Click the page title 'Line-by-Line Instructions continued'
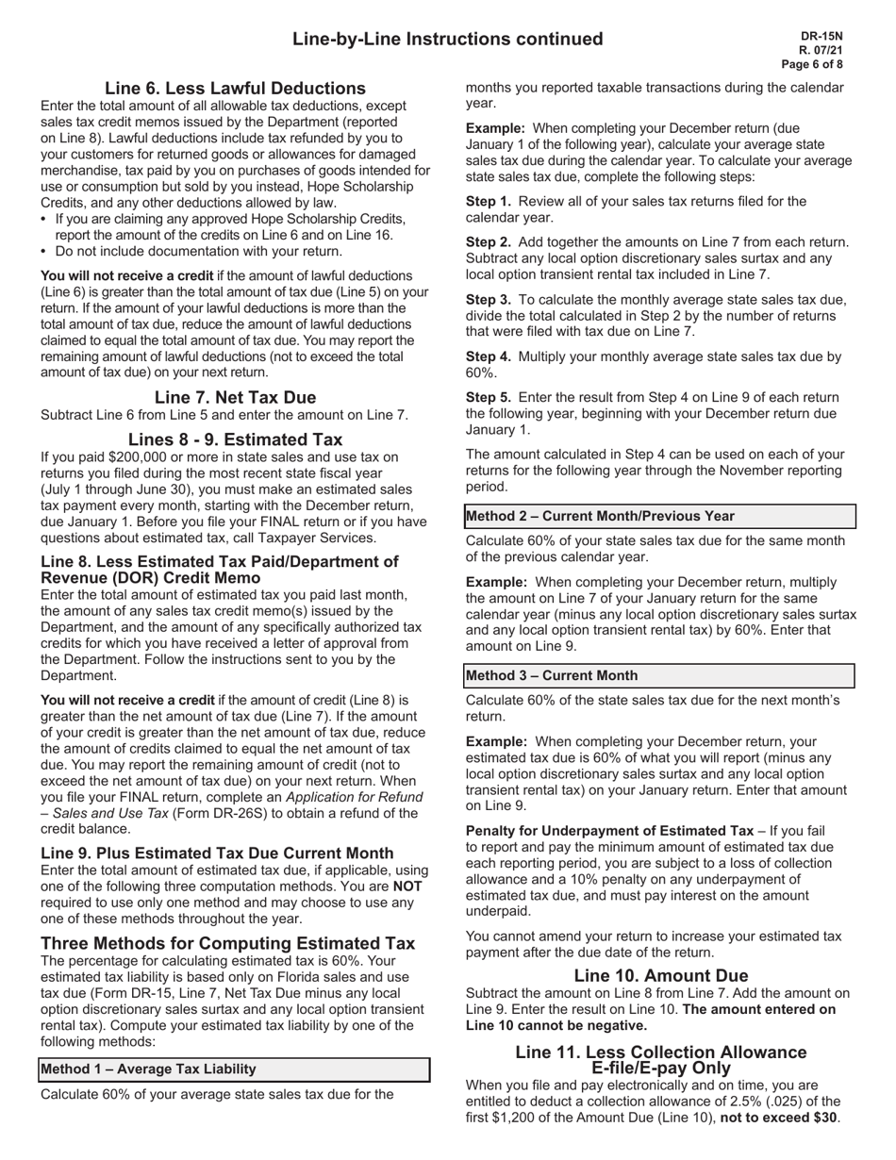coord(447,39)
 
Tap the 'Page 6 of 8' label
coord(812,64)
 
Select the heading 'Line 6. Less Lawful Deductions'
coord(235,88)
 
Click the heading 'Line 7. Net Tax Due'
coord(235,397)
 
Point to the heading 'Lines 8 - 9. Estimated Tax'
coord(235,439)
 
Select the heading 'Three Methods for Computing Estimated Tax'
coord(227,943)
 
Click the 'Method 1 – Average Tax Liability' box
coord(234,1069)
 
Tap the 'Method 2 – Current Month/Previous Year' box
coord(659,516)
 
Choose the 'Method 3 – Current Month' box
coord(659,675)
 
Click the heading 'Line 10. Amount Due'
coord(660,975)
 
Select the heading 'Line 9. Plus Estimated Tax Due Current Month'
coord(217,853)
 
